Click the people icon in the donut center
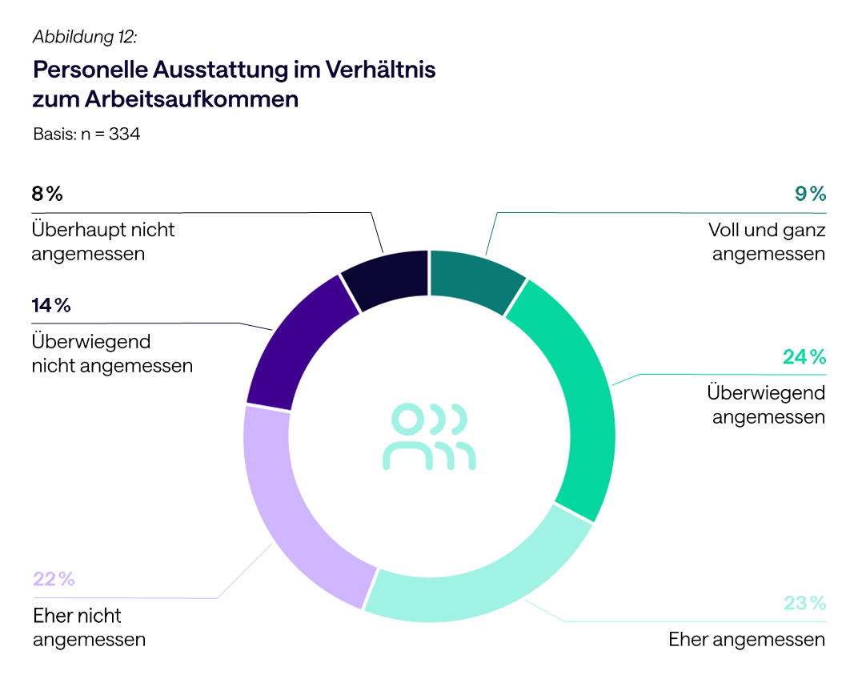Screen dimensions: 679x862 pyautogui.click(x=429, y=436)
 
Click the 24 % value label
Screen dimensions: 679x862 pyautogui.click(x=804, y=357)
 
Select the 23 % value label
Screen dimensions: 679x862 pyautogui.click(x=804, y=603)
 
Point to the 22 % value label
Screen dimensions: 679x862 pyautogui.click(x=54, y=579)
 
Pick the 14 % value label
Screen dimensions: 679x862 pyautogui.click(x=51, y=305)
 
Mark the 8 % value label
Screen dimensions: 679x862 pyautogui.click(x=46, y=194)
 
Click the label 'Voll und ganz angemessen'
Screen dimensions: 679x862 pyautogui.click(x=767, y=243)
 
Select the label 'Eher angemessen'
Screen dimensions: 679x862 pyautogui.click(x=746, y=640)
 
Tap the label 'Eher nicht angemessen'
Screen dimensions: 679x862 pyautogui.click(x=89, y=628)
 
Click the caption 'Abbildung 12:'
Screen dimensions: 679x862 pyautogui.click(x=85, y=37)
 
